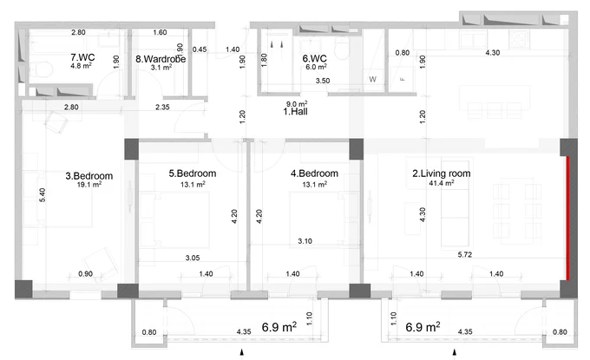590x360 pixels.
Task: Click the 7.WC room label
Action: (x=82, y=57)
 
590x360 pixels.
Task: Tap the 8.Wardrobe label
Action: (x=161, y=59)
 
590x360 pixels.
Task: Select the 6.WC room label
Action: (x=315, y=58)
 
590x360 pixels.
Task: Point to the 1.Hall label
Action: (x=295, y=111)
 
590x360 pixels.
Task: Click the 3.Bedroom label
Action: (x=89, y=176)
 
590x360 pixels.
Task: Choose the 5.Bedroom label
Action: (x=193, y=173)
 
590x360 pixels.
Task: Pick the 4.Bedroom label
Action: (x=315, y=173)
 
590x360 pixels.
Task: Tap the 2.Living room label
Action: (x=442, y=173)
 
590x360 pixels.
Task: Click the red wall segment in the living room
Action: (x=567, y=219)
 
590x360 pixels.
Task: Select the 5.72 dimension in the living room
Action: (x=465, y=255)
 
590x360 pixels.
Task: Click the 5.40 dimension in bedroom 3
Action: (x=43, y=195)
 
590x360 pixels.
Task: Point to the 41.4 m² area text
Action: (x=442, y=183)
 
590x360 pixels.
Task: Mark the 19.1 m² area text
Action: (x=89, y=185)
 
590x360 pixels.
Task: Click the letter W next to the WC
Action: (x=372, y=79)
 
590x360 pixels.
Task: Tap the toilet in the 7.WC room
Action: (x=40, y=69)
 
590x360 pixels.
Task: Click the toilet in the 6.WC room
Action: (x=342, y=50)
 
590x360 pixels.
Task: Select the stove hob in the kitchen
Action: (x=519, y=40)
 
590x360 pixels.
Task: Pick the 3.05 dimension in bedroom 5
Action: (x=193, y=258)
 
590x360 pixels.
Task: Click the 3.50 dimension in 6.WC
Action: (x=323, y=81)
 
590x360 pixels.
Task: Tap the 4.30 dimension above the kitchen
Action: (x=493, y=53)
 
